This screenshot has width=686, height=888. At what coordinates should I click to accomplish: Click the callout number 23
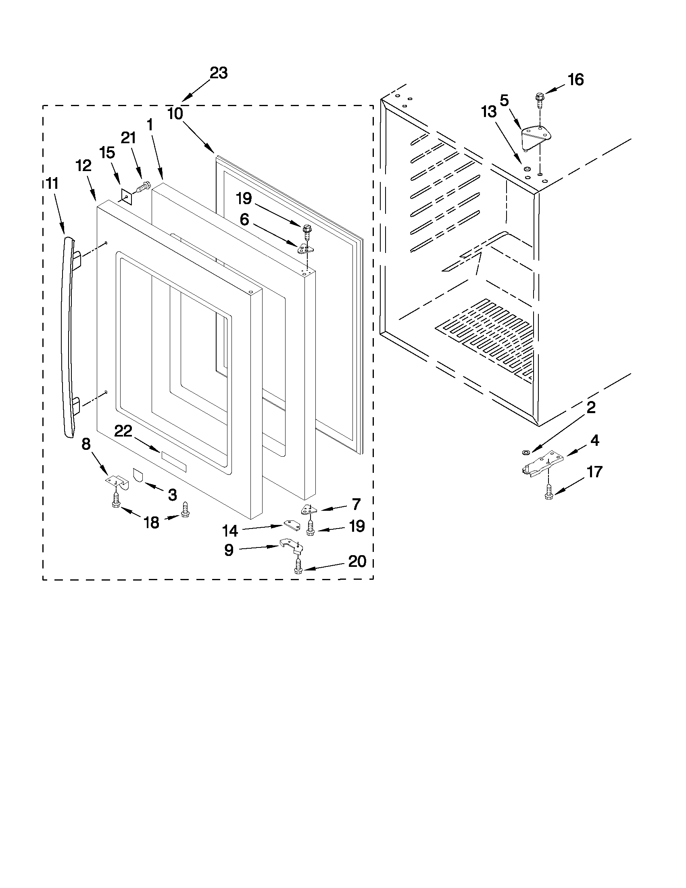pyautogui.click(x=219, y=73)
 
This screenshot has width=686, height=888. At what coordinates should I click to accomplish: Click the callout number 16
pyautogui.click(x=575, y=80)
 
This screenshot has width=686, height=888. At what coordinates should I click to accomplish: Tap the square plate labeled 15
pyautogui.click(x=127, y=196)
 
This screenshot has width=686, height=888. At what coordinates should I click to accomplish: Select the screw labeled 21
pyautogui.click(x=142, y=188)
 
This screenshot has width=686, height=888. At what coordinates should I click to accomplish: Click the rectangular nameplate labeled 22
pyautogui.click(x=173, y=461)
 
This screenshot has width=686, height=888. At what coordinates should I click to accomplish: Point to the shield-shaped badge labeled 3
pyautogui.click(x=138, y=474)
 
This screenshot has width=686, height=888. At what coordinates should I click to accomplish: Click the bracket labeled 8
pyautogui.click(x=117, y=482)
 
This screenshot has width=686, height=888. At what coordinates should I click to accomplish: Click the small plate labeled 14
pyautogui.click(x=291, y=525)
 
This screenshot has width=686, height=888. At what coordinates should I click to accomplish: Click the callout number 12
pyautogui.click(x=83, y=166)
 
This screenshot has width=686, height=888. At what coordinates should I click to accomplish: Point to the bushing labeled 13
pyautogui.click(x=527, y=168)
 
